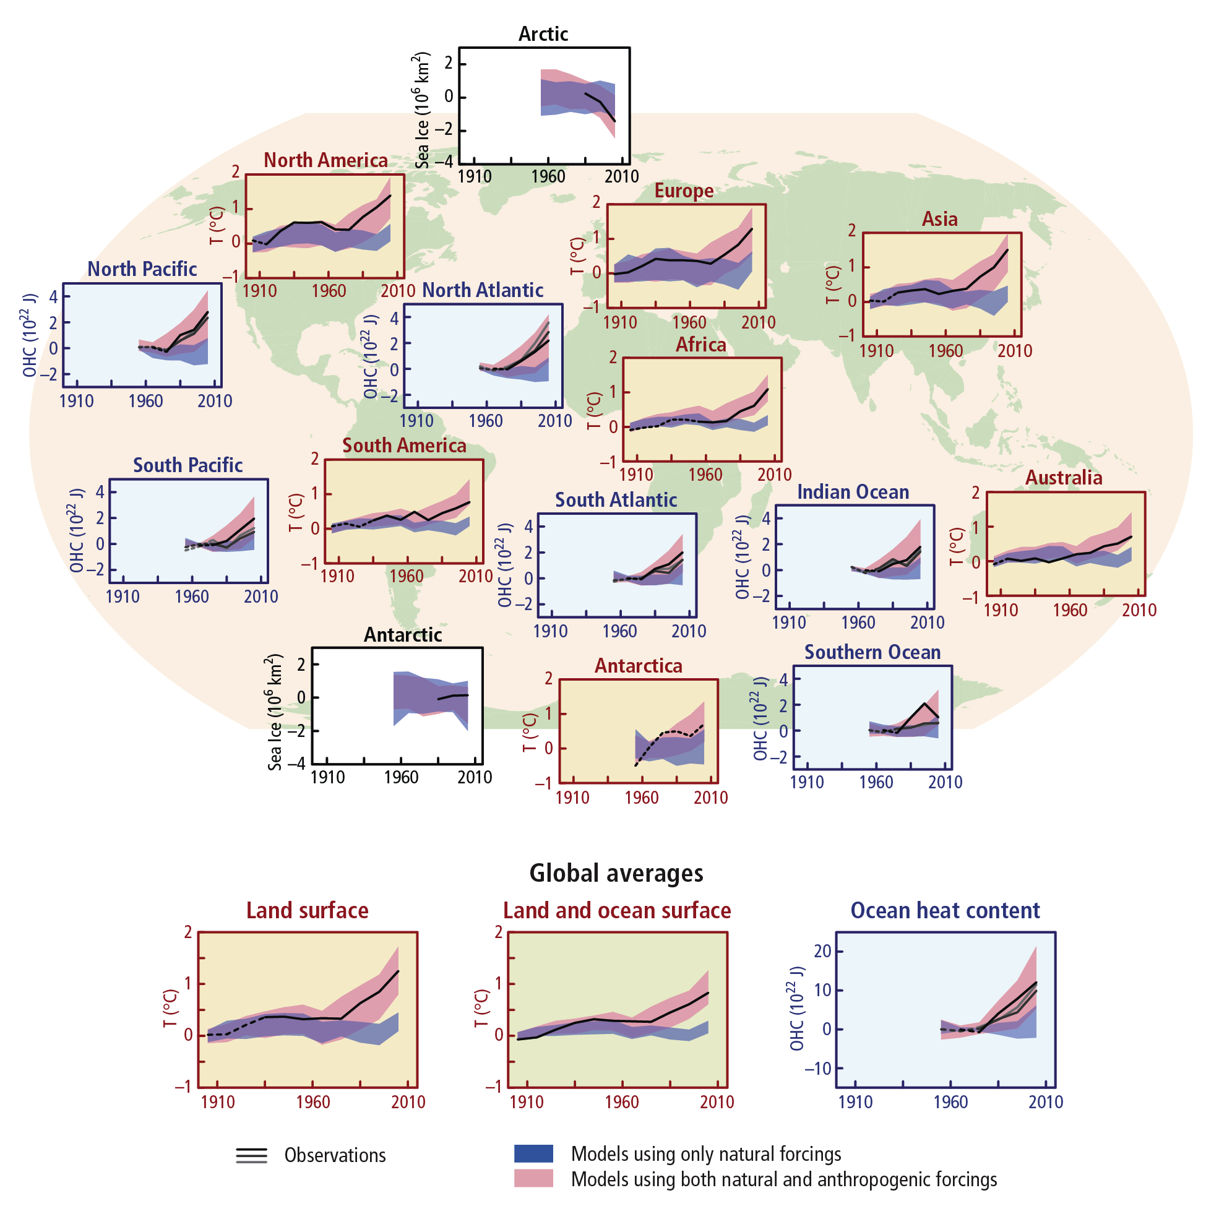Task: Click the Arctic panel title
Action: coord(543,33)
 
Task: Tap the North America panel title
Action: coord(325,160)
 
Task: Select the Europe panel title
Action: coord(684,191)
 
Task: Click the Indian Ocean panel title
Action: coord(853,492)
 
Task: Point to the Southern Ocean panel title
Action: coord(872,652)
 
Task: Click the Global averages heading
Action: coord(616,873)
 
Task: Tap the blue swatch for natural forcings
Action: coord(533,1153)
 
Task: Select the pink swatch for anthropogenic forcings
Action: coord(533,1179)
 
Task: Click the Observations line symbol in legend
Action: coord(252,1155)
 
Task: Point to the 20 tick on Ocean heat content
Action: coord(822,951)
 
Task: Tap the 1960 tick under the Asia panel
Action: coord(945,351)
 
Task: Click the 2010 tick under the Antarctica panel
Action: coord(710,798)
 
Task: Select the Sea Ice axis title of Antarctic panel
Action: coord(275,712)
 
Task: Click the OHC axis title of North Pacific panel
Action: coord(30,335)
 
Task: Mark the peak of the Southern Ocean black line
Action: coord(924,704)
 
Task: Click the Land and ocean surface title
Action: coord(617,911)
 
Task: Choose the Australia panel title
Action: coord(1064,478)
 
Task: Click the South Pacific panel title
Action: coord(188,465)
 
